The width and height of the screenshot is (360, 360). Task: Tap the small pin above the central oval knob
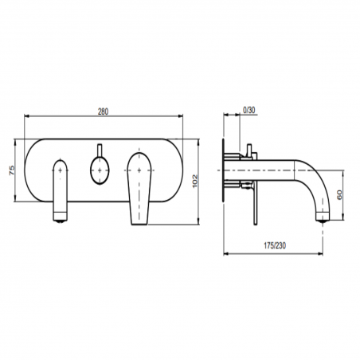click(x=99, y=151)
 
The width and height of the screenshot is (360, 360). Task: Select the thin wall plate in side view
click(x=225, y=170)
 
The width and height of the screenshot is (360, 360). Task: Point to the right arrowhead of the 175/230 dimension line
click(x=326, y=254)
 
